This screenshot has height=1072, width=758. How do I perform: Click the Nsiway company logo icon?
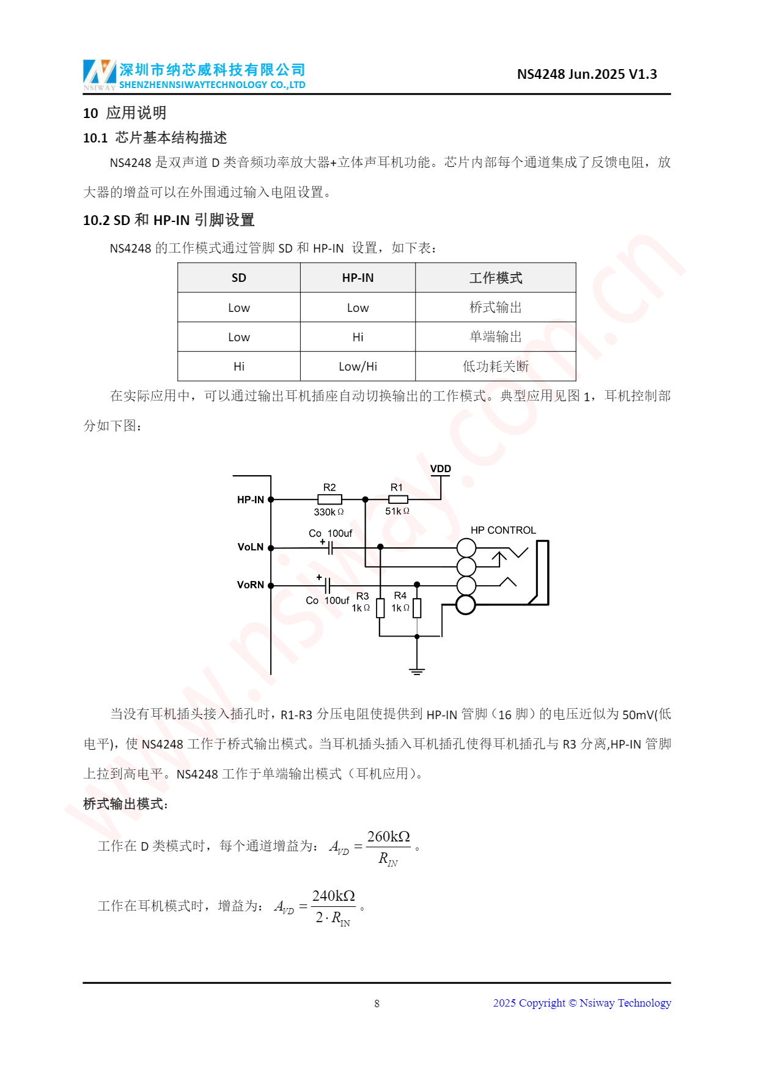(99, 73)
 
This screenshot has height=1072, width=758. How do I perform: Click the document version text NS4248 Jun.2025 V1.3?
(587, 75)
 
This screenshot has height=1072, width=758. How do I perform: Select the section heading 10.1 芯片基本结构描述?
(155, 138)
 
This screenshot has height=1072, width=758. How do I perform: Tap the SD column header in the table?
(238, 278)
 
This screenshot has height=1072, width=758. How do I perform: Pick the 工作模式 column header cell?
(495, 278)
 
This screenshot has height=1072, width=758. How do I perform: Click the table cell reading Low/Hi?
(358, 366)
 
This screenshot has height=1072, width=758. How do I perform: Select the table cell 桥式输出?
(495, 308)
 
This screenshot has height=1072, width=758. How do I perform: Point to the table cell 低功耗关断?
(495, 366)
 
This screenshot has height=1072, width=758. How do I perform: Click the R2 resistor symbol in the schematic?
(329, 500)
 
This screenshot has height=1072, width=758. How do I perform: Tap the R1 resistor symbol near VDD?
(397, 500)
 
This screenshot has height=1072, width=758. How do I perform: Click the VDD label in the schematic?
(440, 469)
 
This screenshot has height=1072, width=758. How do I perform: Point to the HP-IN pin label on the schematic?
(251, 500)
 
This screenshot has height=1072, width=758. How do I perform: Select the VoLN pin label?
(251, 547)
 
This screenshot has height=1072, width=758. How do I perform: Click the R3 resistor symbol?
(380, 608)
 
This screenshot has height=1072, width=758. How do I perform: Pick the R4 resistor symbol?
(417, 608)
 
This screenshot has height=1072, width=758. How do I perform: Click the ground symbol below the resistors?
(417, 671)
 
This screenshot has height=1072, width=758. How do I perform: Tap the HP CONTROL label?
(503, 530)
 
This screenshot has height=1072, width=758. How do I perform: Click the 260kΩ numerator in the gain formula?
(388, 837)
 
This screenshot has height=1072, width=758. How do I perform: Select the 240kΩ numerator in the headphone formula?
(333, 896)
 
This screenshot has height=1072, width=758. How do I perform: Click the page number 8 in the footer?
(377, 1004)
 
